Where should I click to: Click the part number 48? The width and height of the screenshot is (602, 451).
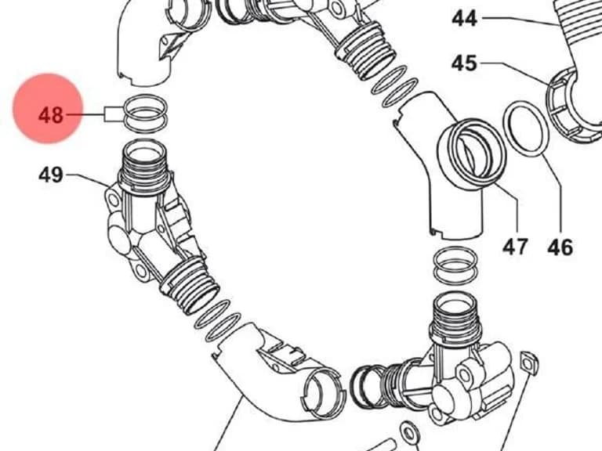(50, 115)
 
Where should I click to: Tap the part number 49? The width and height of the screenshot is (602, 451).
(50, 175)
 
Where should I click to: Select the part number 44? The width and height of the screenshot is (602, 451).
(464, 18)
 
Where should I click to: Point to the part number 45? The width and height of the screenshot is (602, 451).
(464, 63)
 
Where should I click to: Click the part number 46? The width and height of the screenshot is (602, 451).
(560, 247)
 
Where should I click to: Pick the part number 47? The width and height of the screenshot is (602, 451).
(516, 247)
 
